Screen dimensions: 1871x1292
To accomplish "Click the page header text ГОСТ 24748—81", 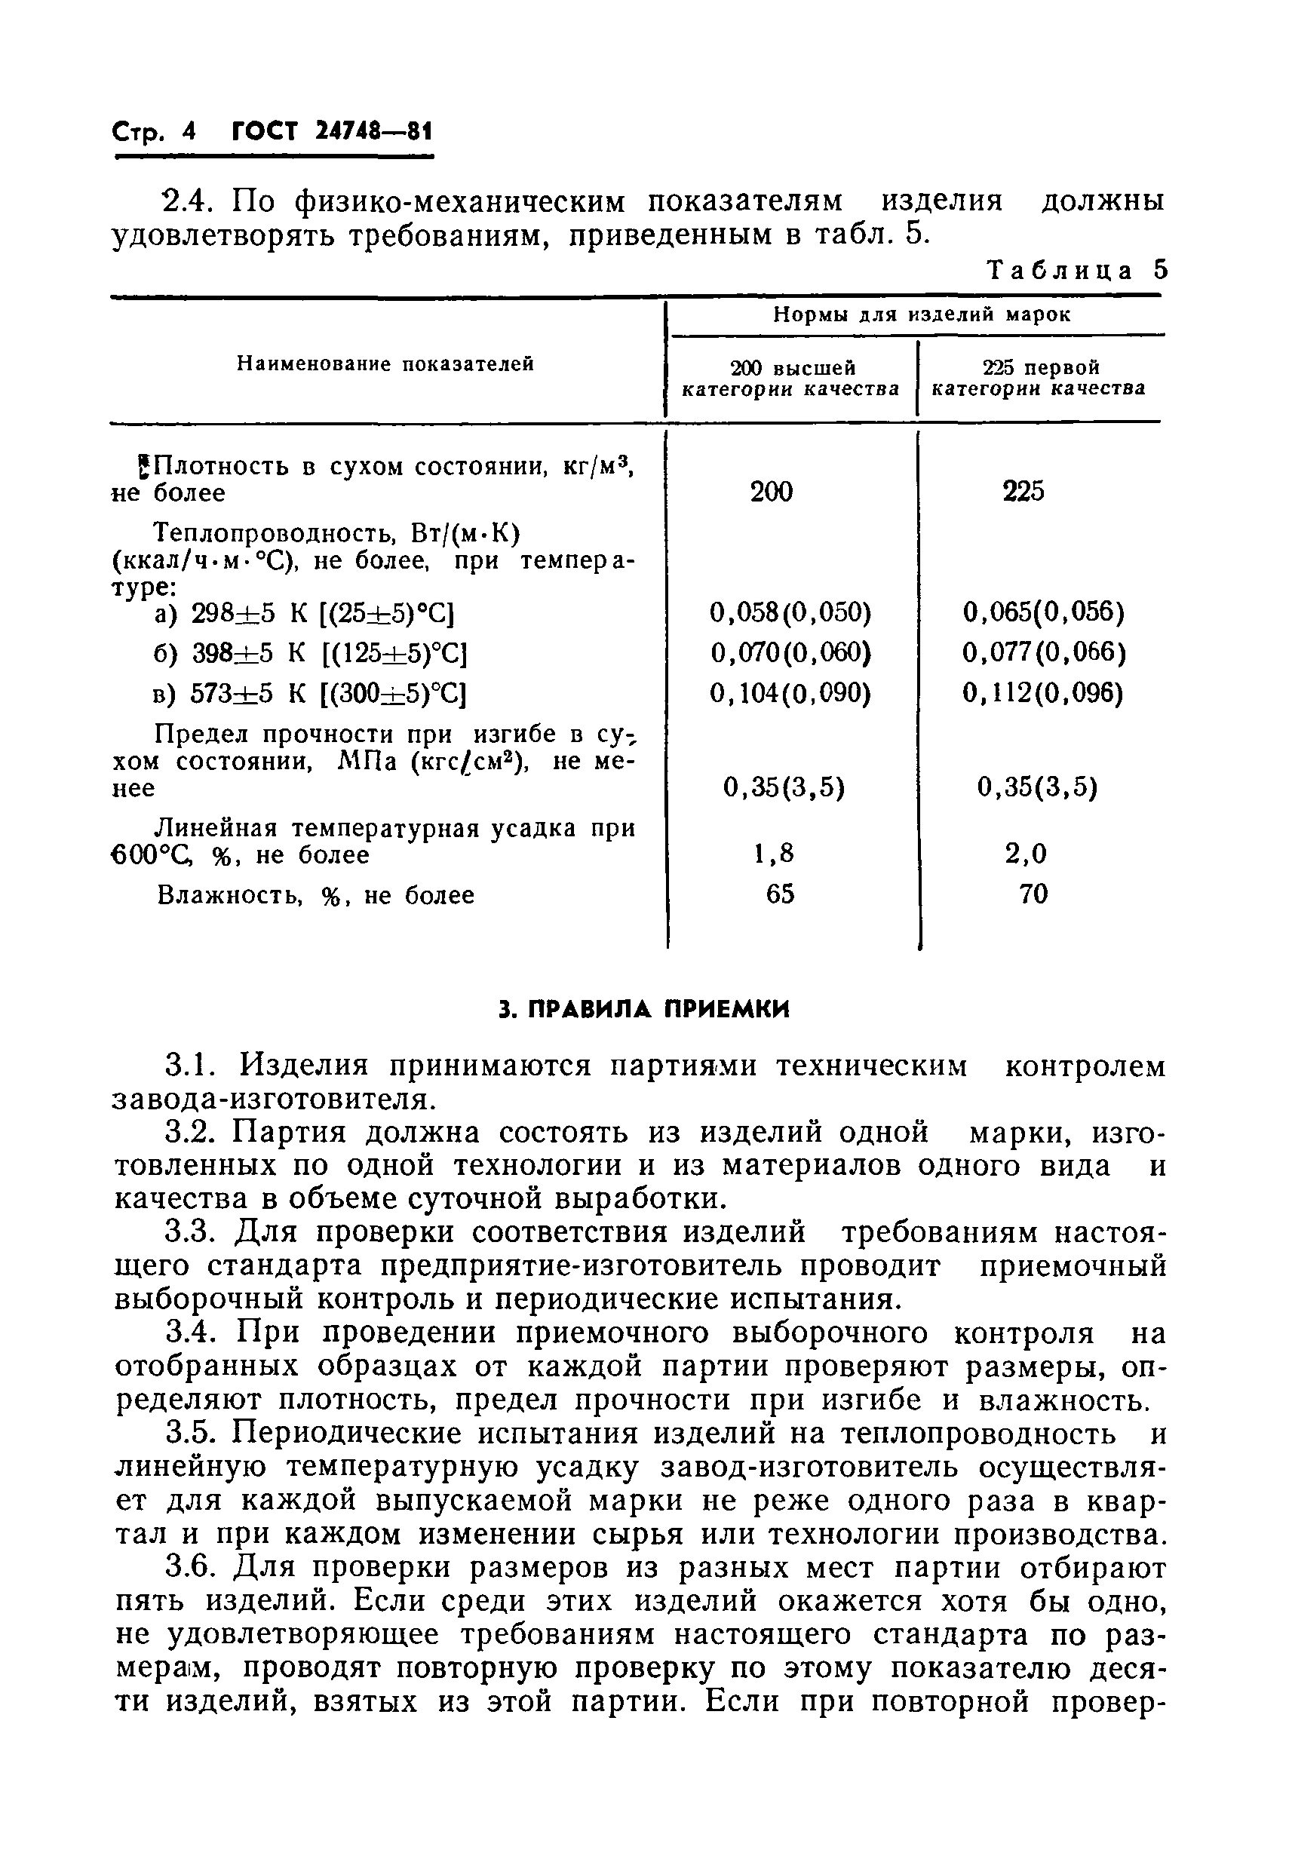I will pos(332,132).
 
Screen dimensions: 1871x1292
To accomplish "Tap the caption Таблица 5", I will pos(1078,270).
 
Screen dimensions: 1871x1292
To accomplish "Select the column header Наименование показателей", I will pos(385,364).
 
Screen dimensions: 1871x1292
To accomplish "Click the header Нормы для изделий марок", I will pos(921,314).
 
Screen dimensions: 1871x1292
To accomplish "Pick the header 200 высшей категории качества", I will pos(791,379).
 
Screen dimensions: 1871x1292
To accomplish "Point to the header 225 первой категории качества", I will pos(1039,379).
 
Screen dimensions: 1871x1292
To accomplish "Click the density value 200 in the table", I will pos(771,491).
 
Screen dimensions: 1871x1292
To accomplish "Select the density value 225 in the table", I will pos(1023,491).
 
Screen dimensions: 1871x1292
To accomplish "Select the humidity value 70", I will pos(1034,894).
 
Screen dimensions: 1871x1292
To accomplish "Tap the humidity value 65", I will pos(780,894).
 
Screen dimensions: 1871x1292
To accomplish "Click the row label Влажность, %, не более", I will pos(316,896).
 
